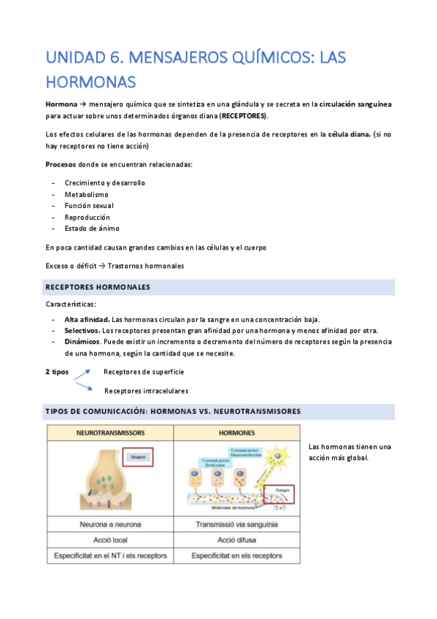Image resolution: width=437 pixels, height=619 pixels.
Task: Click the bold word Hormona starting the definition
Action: [x=61, y=104]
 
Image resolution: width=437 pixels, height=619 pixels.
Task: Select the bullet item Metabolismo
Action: [x=86, y=195]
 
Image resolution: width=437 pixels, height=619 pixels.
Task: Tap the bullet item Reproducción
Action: [x=87, y=217]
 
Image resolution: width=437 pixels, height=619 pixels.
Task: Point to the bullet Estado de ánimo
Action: [x=92, y=228]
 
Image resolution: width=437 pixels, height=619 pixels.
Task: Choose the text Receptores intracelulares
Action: [x=146, y=391]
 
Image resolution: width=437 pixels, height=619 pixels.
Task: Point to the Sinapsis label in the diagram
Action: [x=137, y=458]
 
